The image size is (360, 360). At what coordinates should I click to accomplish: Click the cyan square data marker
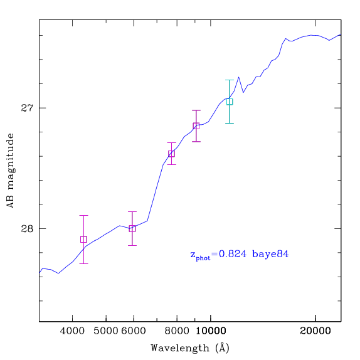230,102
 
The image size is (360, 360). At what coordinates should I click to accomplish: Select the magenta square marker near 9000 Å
196,126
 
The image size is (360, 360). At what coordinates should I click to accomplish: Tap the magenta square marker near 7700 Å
171,154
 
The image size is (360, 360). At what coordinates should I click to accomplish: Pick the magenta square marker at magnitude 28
132,228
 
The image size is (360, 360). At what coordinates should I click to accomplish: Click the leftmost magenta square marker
83,239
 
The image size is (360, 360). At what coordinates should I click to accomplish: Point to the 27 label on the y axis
27,108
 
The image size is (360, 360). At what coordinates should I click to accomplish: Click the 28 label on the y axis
27,228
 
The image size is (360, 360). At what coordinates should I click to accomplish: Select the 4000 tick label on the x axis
72,331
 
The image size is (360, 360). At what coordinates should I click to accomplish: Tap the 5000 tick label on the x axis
105,331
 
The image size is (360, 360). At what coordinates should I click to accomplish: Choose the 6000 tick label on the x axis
134,331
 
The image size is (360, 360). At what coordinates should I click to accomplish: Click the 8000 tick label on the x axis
177,331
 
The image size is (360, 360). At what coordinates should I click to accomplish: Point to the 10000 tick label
211,331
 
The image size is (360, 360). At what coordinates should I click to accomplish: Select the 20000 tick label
315,331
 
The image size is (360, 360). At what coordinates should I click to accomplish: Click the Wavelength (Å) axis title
190,348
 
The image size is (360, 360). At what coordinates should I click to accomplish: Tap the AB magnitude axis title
11,171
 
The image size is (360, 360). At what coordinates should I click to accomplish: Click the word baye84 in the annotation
270,254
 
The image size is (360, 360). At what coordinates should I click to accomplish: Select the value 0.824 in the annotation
232,254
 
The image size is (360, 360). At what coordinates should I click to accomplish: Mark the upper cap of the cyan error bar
230,80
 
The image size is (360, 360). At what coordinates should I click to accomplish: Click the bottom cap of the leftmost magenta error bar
83,263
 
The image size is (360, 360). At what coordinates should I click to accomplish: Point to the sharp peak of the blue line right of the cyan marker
239,77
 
